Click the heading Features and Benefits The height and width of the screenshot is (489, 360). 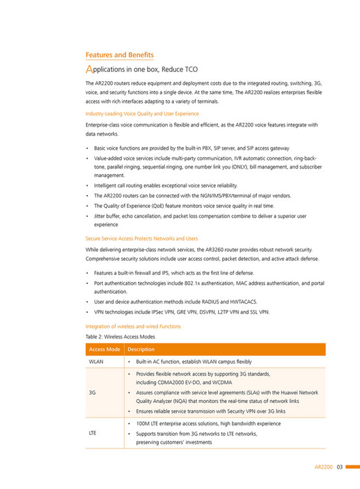click(x=119, y=55)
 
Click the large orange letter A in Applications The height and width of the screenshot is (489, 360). click(x=89, y=71)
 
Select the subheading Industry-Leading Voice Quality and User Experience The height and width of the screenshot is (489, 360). click(x=142, y=113)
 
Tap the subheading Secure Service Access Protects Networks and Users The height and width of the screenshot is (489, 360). click(x=142, y=239)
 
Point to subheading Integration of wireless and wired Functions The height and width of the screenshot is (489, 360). click(x=133, y=326)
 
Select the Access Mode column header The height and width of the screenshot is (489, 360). click(x=103, y=349)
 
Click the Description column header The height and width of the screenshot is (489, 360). click(x=141, y=349)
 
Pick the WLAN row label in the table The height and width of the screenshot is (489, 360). click(x=95, y=362)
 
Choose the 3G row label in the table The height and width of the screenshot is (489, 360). click(x=92, y=392)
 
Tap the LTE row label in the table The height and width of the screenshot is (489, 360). click(x=92, y=433)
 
